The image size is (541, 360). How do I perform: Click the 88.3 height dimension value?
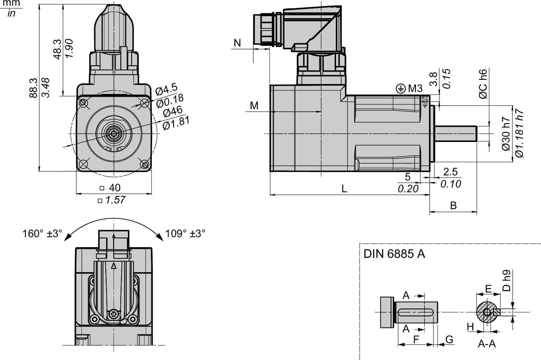tap(33, 88)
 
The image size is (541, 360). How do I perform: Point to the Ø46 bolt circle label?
tap(172, 112)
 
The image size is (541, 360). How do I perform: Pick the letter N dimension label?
tap(237, 43)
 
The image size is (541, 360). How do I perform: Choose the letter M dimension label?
tap(254, 106)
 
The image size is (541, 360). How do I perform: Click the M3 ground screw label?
tap(415, 89)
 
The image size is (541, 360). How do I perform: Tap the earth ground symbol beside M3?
tap(400, 89)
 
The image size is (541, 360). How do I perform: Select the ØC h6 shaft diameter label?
tap(483, 84)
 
